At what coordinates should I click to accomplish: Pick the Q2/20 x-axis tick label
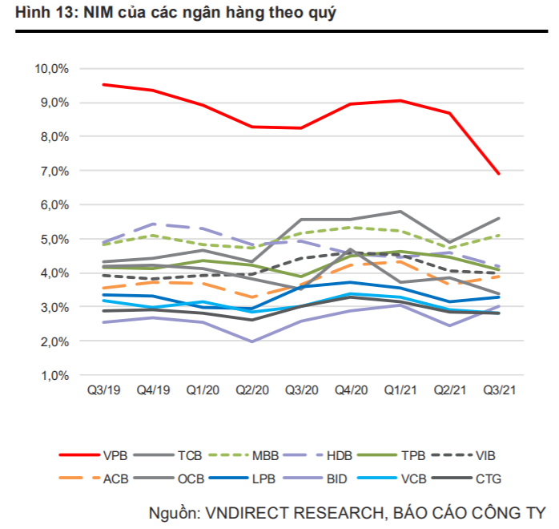(251, 391)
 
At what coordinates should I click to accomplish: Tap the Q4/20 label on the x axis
(350, 391)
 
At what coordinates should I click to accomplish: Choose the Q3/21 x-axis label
(498, 391)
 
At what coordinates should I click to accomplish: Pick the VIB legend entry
(496, 455)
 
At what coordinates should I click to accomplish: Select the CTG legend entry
(496, 479)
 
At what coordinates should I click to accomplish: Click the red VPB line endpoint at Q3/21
(498, 174)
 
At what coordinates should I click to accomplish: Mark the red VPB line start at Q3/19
(103, 84)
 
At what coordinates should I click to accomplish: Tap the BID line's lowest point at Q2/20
(251, 341)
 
